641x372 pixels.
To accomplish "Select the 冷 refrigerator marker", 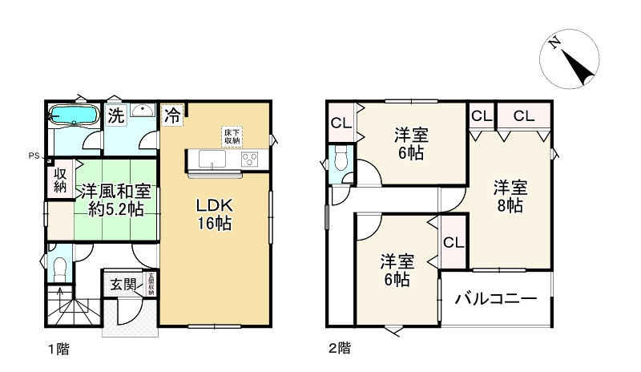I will [172, 115].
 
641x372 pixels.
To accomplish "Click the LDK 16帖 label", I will [215, 215].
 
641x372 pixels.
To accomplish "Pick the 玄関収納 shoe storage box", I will [150, 284].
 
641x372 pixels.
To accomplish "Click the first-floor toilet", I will [58, 269].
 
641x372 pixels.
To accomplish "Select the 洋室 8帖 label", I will [509, 196].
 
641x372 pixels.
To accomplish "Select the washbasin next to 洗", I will [143, 112].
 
